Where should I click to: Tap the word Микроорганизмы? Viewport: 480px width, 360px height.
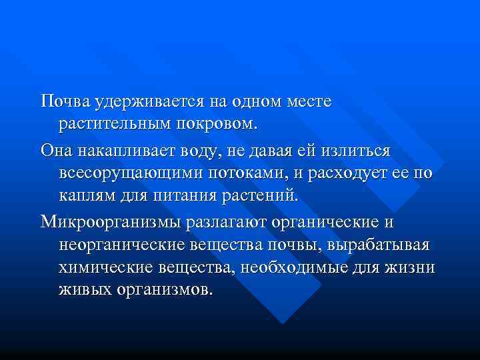click(x=107, y=222)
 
